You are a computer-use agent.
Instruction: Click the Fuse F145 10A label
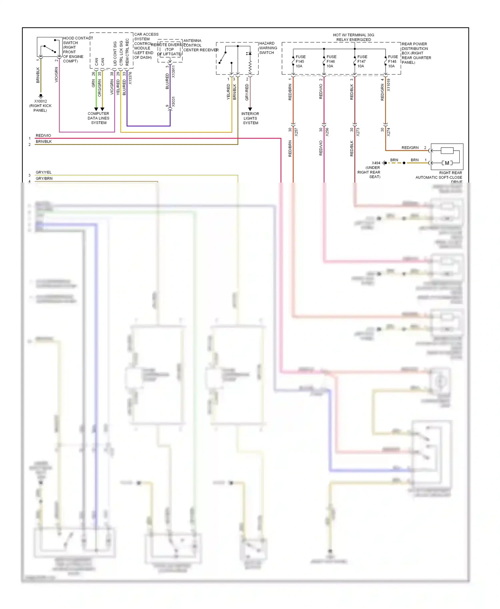coord(300,62)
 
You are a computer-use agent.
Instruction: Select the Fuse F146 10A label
coord(331,62)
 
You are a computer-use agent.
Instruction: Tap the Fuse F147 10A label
coord(362,62)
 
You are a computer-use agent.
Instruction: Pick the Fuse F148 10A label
coord(392,62)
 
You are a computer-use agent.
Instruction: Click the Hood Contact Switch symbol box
coord(49,47)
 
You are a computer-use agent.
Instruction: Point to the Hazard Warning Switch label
coord(268,48)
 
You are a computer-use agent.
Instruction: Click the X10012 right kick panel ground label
coord(40,106)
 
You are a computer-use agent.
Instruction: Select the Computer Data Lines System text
coord(98,118)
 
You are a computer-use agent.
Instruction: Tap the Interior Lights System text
coord(250,118)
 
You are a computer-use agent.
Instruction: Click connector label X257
coord(296,132)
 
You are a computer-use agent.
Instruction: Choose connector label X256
coord(327,132)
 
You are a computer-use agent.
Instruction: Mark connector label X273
coord(358,132)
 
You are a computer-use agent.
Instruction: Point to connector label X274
coord(388,132)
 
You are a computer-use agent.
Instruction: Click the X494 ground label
coord(376,163)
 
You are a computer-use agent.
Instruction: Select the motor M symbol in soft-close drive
coord(447,163)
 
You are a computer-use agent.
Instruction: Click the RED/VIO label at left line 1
coord(43,136)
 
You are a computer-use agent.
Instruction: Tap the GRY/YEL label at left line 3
coord(44,172)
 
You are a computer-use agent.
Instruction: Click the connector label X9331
coord(173,102)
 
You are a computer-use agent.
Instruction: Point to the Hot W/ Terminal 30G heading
coord(353,37)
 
